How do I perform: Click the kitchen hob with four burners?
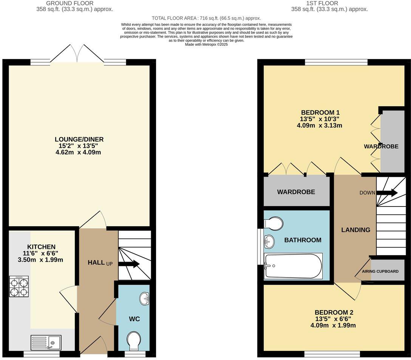(19, 286)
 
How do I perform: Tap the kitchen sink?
(46, 343)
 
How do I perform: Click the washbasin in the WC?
(144, 299)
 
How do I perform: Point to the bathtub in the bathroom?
(293, 266)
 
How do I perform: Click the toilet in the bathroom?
(273, 223)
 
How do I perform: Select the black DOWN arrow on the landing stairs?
(387, 193)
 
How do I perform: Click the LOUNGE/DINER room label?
(79, 139)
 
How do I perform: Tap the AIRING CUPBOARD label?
(380, 271)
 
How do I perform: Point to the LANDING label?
(356, 230)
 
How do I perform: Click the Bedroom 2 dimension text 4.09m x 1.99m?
(333, 326)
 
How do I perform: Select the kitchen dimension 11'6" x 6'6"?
(40, 253)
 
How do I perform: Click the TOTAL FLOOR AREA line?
(206, 19)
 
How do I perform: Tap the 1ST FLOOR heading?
(322, 3)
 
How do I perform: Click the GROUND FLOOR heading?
(70, 3)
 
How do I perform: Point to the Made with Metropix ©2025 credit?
(207, 45)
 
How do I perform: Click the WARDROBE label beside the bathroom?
(296, 192)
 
